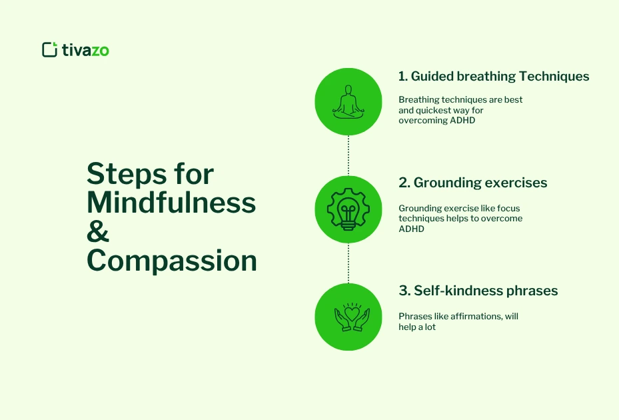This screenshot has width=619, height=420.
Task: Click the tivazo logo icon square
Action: pyautogui.click(x=49, y=49)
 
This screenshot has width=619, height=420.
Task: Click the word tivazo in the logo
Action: pyautogui.click(x=85, y=49)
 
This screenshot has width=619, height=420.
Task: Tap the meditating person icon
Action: pyautogui.click(x=348, y=102)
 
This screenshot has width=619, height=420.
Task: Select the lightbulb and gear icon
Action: pyautogui.click(x=348, y=209)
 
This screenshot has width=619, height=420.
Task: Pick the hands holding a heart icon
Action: pyautogui.click(x=348, y=317)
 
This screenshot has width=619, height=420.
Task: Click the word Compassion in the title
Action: pyautogui.click(x=172, y=261)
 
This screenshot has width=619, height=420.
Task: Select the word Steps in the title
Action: pyautogui.click(x=125, y=174)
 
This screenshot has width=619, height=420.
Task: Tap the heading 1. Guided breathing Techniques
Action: pyautogui.click(x=494, y=76)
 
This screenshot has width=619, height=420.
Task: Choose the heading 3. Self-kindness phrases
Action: pyautogui.click(x=478, y=291)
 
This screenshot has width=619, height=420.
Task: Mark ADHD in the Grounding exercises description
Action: pyautogui.click(x=411, y=229)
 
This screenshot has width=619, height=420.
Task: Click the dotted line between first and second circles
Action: pyautogui.click(x=348, y=155)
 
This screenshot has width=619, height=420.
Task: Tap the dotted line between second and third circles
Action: pyautogui.click(x=348, y=263)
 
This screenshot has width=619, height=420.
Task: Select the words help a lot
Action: pyautogui.click(x=417, y=327)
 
